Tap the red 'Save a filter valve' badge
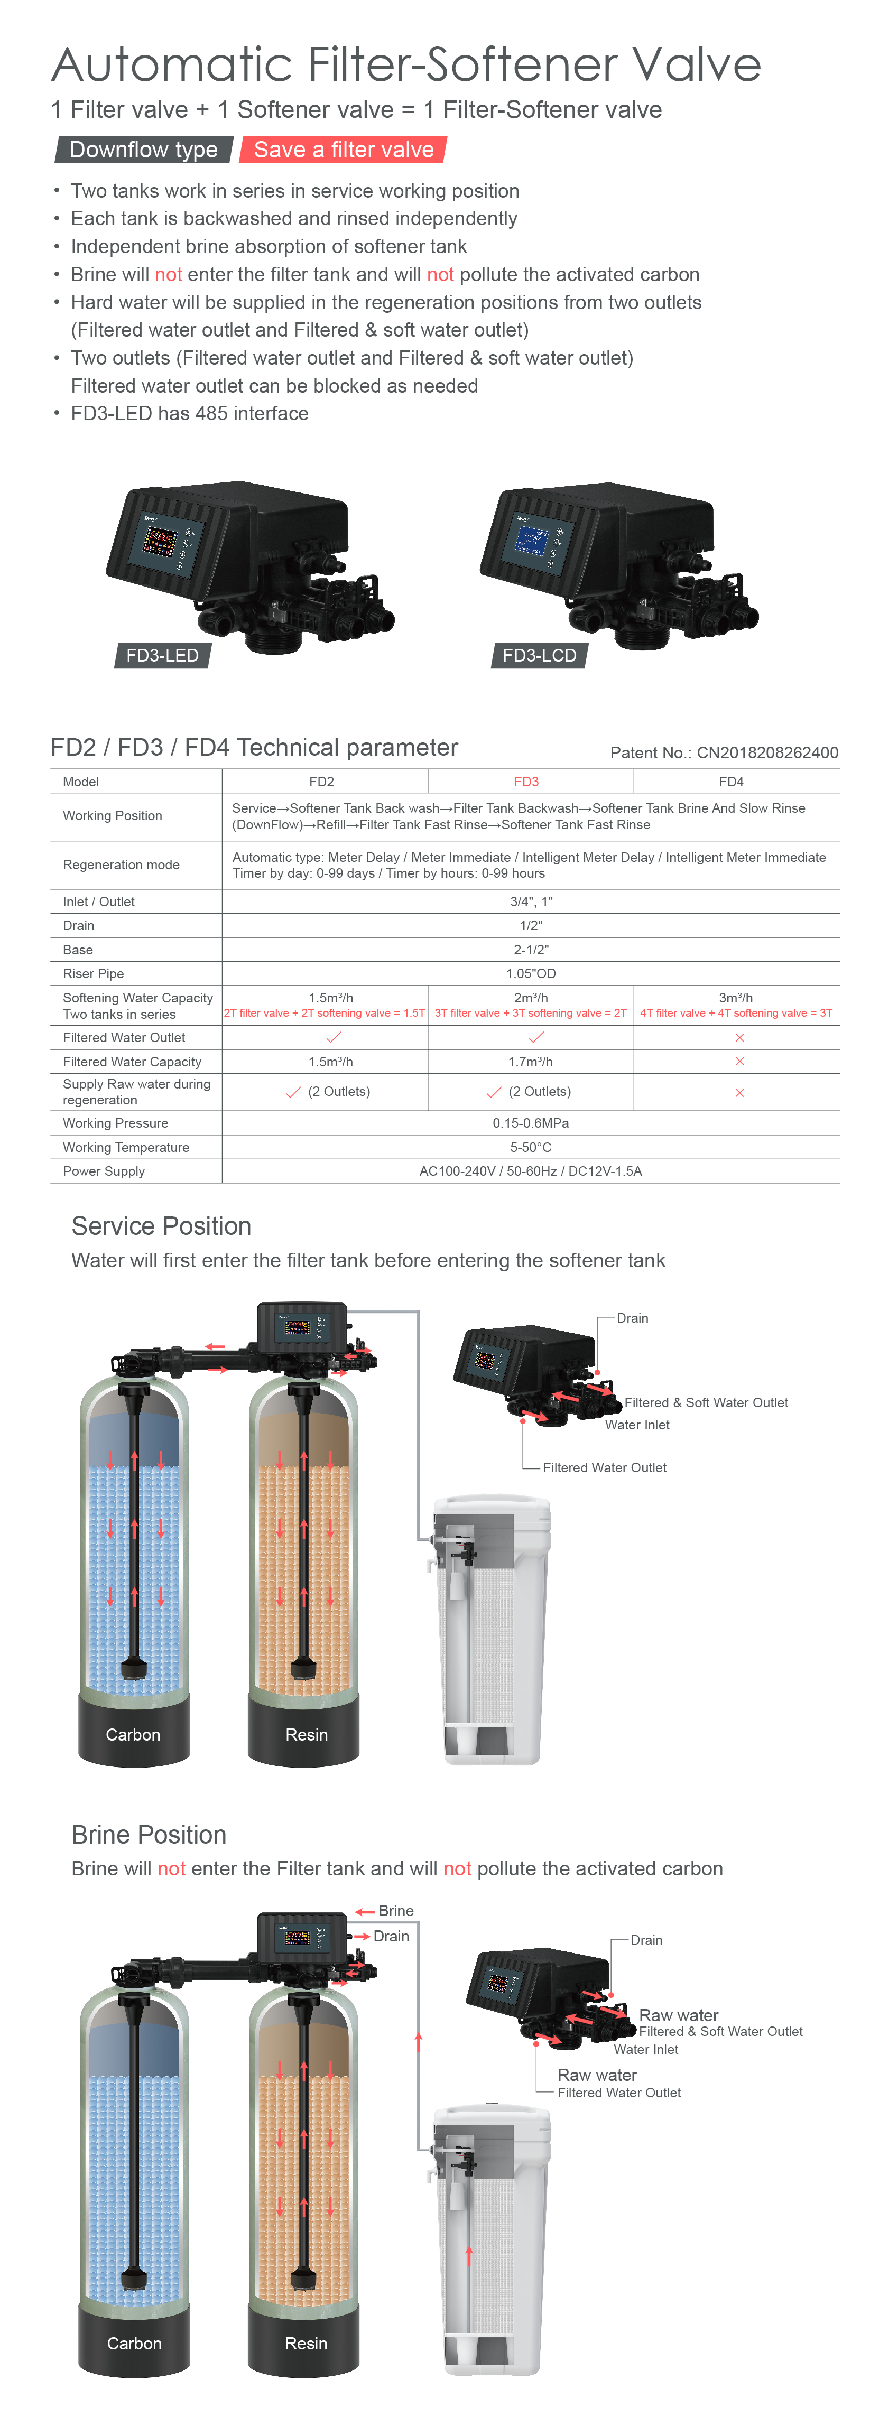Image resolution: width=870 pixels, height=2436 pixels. click(343, 150)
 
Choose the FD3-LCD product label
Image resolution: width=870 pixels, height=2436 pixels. click(539, 655)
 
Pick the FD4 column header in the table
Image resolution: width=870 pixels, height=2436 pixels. click(731, 781)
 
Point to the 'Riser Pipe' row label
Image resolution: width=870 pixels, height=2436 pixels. click(94, 973)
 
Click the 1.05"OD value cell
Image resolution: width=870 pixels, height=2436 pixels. click(531, 973)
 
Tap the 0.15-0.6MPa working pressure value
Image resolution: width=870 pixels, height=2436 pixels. click(531, 1122)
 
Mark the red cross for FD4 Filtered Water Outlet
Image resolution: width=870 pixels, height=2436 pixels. click(739, 1037)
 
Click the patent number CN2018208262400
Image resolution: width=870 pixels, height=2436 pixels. click(767, 753)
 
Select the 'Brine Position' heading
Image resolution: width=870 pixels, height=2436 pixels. click(150, 1835)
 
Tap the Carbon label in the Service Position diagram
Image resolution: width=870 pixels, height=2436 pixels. click(133, 1734)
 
